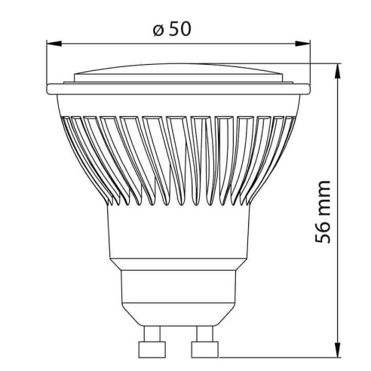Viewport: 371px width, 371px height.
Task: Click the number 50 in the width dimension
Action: [x=179, y=30]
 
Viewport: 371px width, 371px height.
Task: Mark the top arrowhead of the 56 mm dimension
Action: [x=335, y=68]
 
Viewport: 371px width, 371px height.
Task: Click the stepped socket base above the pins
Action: [x=179, y=294]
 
